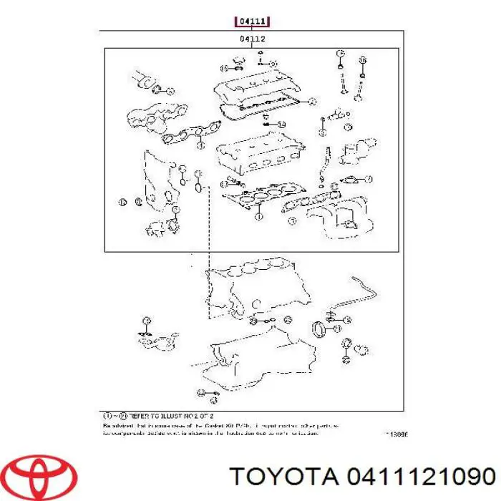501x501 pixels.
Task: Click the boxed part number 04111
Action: pyautogui.click(x=253, y=22)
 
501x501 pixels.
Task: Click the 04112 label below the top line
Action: pyautogui.click(x=253, y=39)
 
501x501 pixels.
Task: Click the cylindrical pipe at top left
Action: pyautogui.click(x=143, y=80)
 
